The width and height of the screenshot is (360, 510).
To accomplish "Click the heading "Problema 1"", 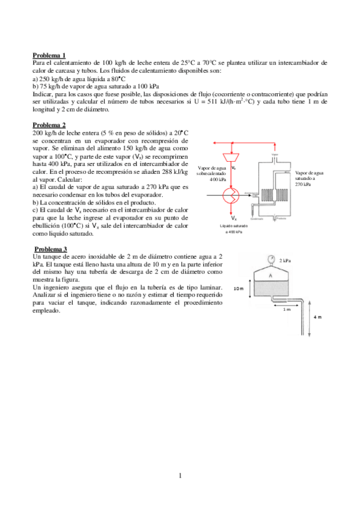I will (x=49, y=55).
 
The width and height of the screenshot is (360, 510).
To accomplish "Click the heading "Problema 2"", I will (x=49, y=125).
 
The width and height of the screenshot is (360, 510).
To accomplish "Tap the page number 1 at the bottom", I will (x=180, y=476).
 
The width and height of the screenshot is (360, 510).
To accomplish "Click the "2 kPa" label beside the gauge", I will (x=286, y=260).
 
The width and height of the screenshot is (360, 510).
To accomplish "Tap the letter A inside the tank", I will (x=270, y=275).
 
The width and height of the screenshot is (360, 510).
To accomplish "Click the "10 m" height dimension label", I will (x=239, y=288).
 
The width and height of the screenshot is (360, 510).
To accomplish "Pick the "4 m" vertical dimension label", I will (x=318, y=316).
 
